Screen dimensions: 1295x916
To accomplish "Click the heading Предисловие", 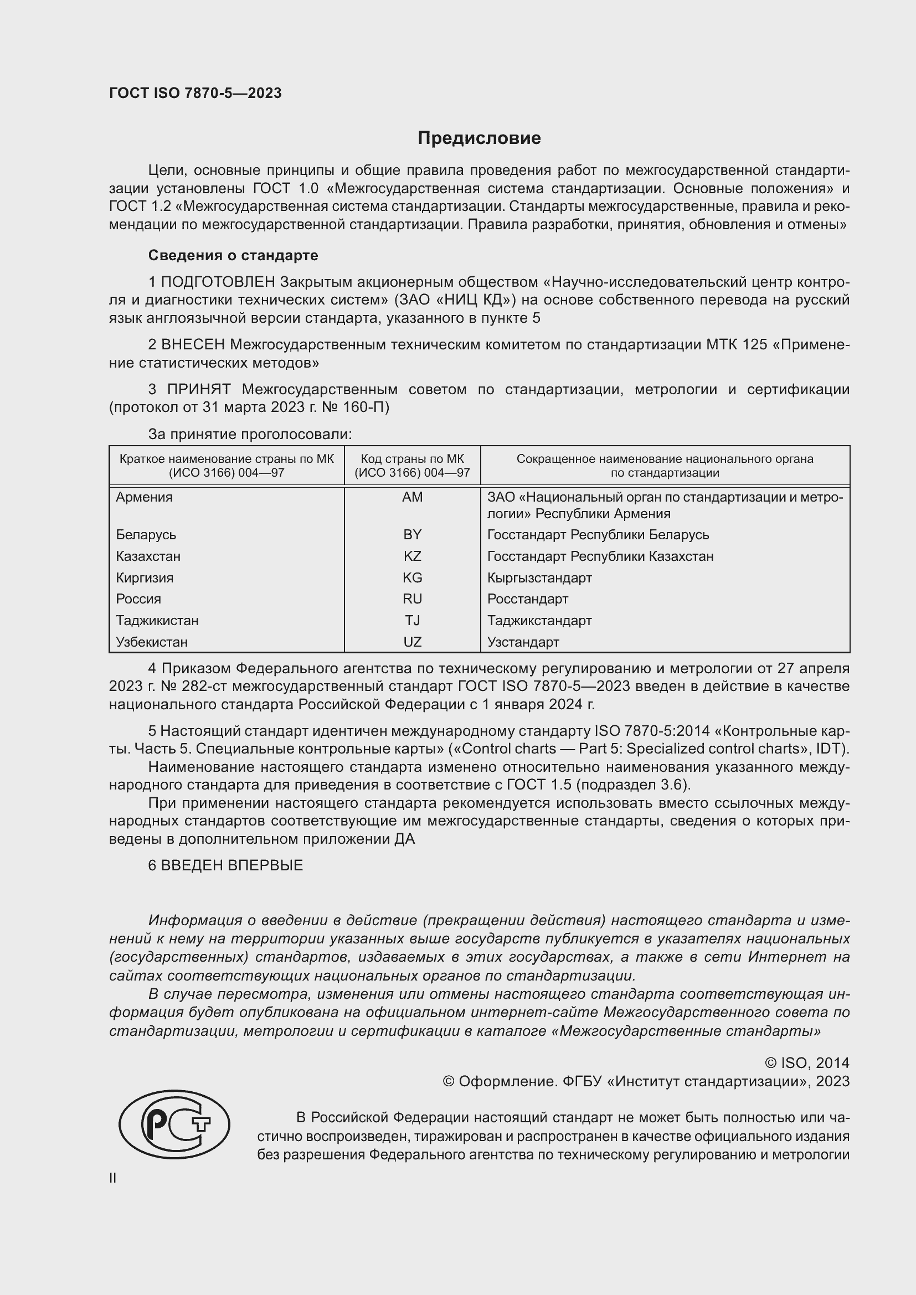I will pos(479,138).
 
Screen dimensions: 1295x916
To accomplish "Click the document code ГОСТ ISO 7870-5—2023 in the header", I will pos(195,93).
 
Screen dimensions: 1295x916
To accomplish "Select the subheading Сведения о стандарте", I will pos(233,255).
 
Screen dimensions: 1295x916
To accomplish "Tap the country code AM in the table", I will pos(413,497).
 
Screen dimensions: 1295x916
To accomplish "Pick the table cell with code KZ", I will pos(413,556).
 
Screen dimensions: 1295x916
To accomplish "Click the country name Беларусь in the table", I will pos(146,535).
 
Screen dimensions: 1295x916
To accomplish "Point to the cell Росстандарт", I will pos(527,599).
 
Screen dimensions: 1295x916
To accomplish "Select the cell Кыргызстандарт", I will pos(539,577).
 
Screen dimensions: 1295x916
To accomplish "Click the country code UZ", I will pos(413,642).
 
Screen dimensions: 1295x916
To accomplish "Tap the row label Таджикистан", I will pos(157,621).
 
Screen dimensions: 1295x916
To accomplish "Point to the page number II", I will pos(113,1178).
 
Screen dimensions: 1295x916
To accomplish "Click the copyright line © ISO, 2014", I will pos(806,1063).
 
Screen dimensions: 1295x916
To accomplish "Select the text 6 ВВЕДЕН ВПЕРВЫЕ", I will pos(225,865).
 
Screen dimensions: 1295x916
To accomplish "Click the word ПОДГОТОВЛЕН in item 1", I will pos(218,281).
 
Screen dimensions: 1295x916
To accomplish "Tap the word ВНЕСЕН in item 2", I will pos(193,344).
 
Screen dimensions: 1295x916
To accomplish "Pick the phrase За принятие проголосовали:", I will pos(250,434).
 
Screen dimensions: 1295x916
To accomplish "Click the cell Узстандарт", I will pos(523,642).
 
